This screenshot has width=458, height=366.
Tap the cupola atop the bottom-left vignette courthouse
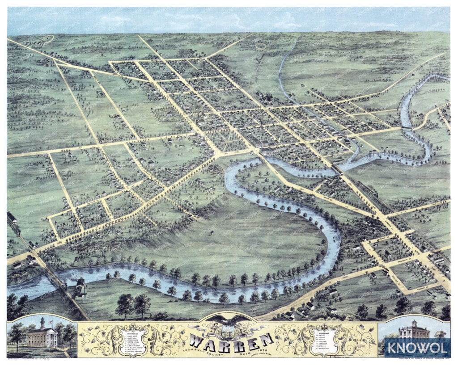(x=42, y=322)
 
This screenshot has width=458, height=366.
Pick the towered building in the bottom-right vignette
(x=414, y=331)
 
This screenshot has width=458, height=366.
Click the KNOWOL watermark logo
(x=417, y=347)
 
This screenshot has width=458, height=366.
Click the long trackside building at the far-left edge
(x=13, y=218)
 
